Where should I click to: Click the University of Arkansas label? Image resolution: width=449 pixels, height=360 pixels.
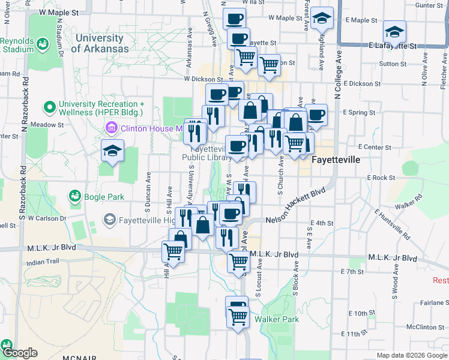[x=100, y=43]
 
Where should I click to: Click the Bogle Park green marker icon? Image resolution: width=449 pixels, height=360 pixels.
[x=75, y=196]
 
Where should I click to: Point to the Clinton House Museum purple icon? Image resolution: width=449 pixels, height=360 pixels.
[x=112, y=128]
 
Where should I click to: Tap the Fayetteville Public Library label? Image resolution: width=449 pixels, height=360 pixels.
[x=207, y=154]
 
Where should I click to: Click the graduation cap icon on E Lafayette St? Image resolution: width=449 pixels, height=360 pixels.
[x=394, y=31]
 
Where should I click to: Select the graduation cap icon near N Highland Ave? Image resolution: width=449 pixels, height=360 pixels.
[x=322, y=20]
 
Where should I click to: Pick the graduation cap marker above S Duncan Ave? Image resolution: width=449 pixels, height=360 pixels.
[x=112, y=151]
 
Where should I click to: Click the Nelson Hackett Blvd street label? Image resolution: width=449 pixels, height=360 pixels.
[x=295, y=206]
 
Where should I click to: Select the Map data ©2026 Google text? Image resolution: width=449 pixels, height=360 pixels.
[x=412, y=355]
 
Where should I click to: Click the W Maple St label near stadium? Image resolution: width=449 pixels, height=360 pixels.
[x=58, y=12]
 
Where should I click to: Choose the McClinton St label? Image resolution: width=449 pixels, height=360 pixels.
[x=425, y=327]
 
